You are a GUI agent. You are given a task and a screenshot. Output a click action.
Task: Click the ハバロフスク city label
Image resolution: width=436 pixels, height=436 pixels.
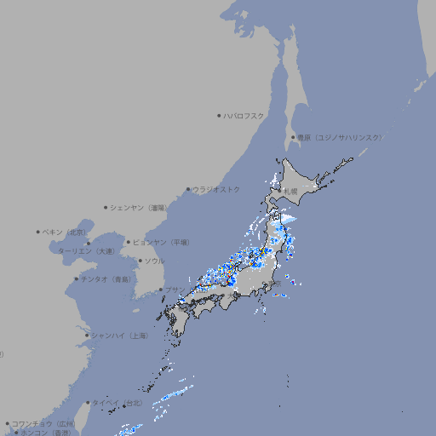pyautogui.click(x=244, y=116)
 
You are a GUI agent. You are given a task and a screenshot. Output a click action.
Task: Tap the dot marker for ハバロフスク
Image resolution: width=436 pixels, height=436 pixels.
pyautogui.click(x=219, y=116)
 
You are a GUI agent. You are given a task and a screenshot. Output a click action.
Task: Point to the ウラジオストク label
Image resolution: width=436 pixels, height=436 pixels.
pyautogui.click(x=216, y=189)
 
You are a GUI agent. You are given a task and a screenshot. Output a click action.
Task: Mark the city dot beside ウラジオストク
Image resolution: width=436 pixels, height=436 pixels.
pyautogui.click(x=188, y=190)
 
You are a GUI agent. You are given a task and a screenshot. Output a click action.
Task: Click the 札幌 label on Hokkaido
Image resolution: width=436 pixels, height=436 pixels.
pyautogui.click(x=290, y=191)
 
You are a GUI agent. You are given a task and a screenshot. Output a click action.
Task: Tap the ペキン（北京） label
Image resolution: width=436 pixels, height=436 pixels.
pyautogui.click(x=66, y=232)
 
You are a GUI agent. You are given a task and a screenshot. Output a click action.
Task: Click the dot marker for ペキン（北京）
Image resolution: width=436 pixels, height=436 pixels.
pyautogui.click(x=38, y=232)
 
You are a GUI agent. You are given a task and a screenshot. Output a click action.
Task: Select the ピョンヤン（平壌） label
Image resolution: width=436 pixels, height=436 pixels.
pyautogui.click(x=162, y=242)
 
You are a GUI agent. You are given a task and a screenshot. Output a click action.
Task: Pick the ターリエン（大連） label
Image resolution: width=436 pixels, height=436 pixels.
pyautogui.click(x=86, y=251)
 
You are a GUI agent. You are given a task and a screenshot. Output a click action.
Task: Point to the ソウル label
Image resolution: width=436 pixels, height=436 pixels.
pyautogui.click(x=154, y=261)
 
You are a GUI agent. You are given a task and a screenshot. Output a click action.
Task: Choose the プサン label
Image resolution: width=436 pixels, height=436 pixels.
pyautogui.click(x=174, y=290)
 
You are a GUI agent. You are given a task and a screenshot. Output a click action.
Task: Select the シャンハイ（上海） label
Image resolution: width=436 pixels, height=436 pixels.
pyautogui.click(x=119, y=336)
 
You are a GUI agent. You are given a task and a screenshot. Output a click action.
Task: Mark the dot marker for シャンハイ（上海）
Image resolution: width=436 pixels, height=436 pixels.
pyautogui.click(x=87, y=336)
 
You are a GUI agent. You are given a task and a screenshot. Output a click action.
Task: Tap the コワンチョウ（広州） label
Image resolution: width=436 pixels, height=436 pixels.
pyautogui.click(x=43, y=423)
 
